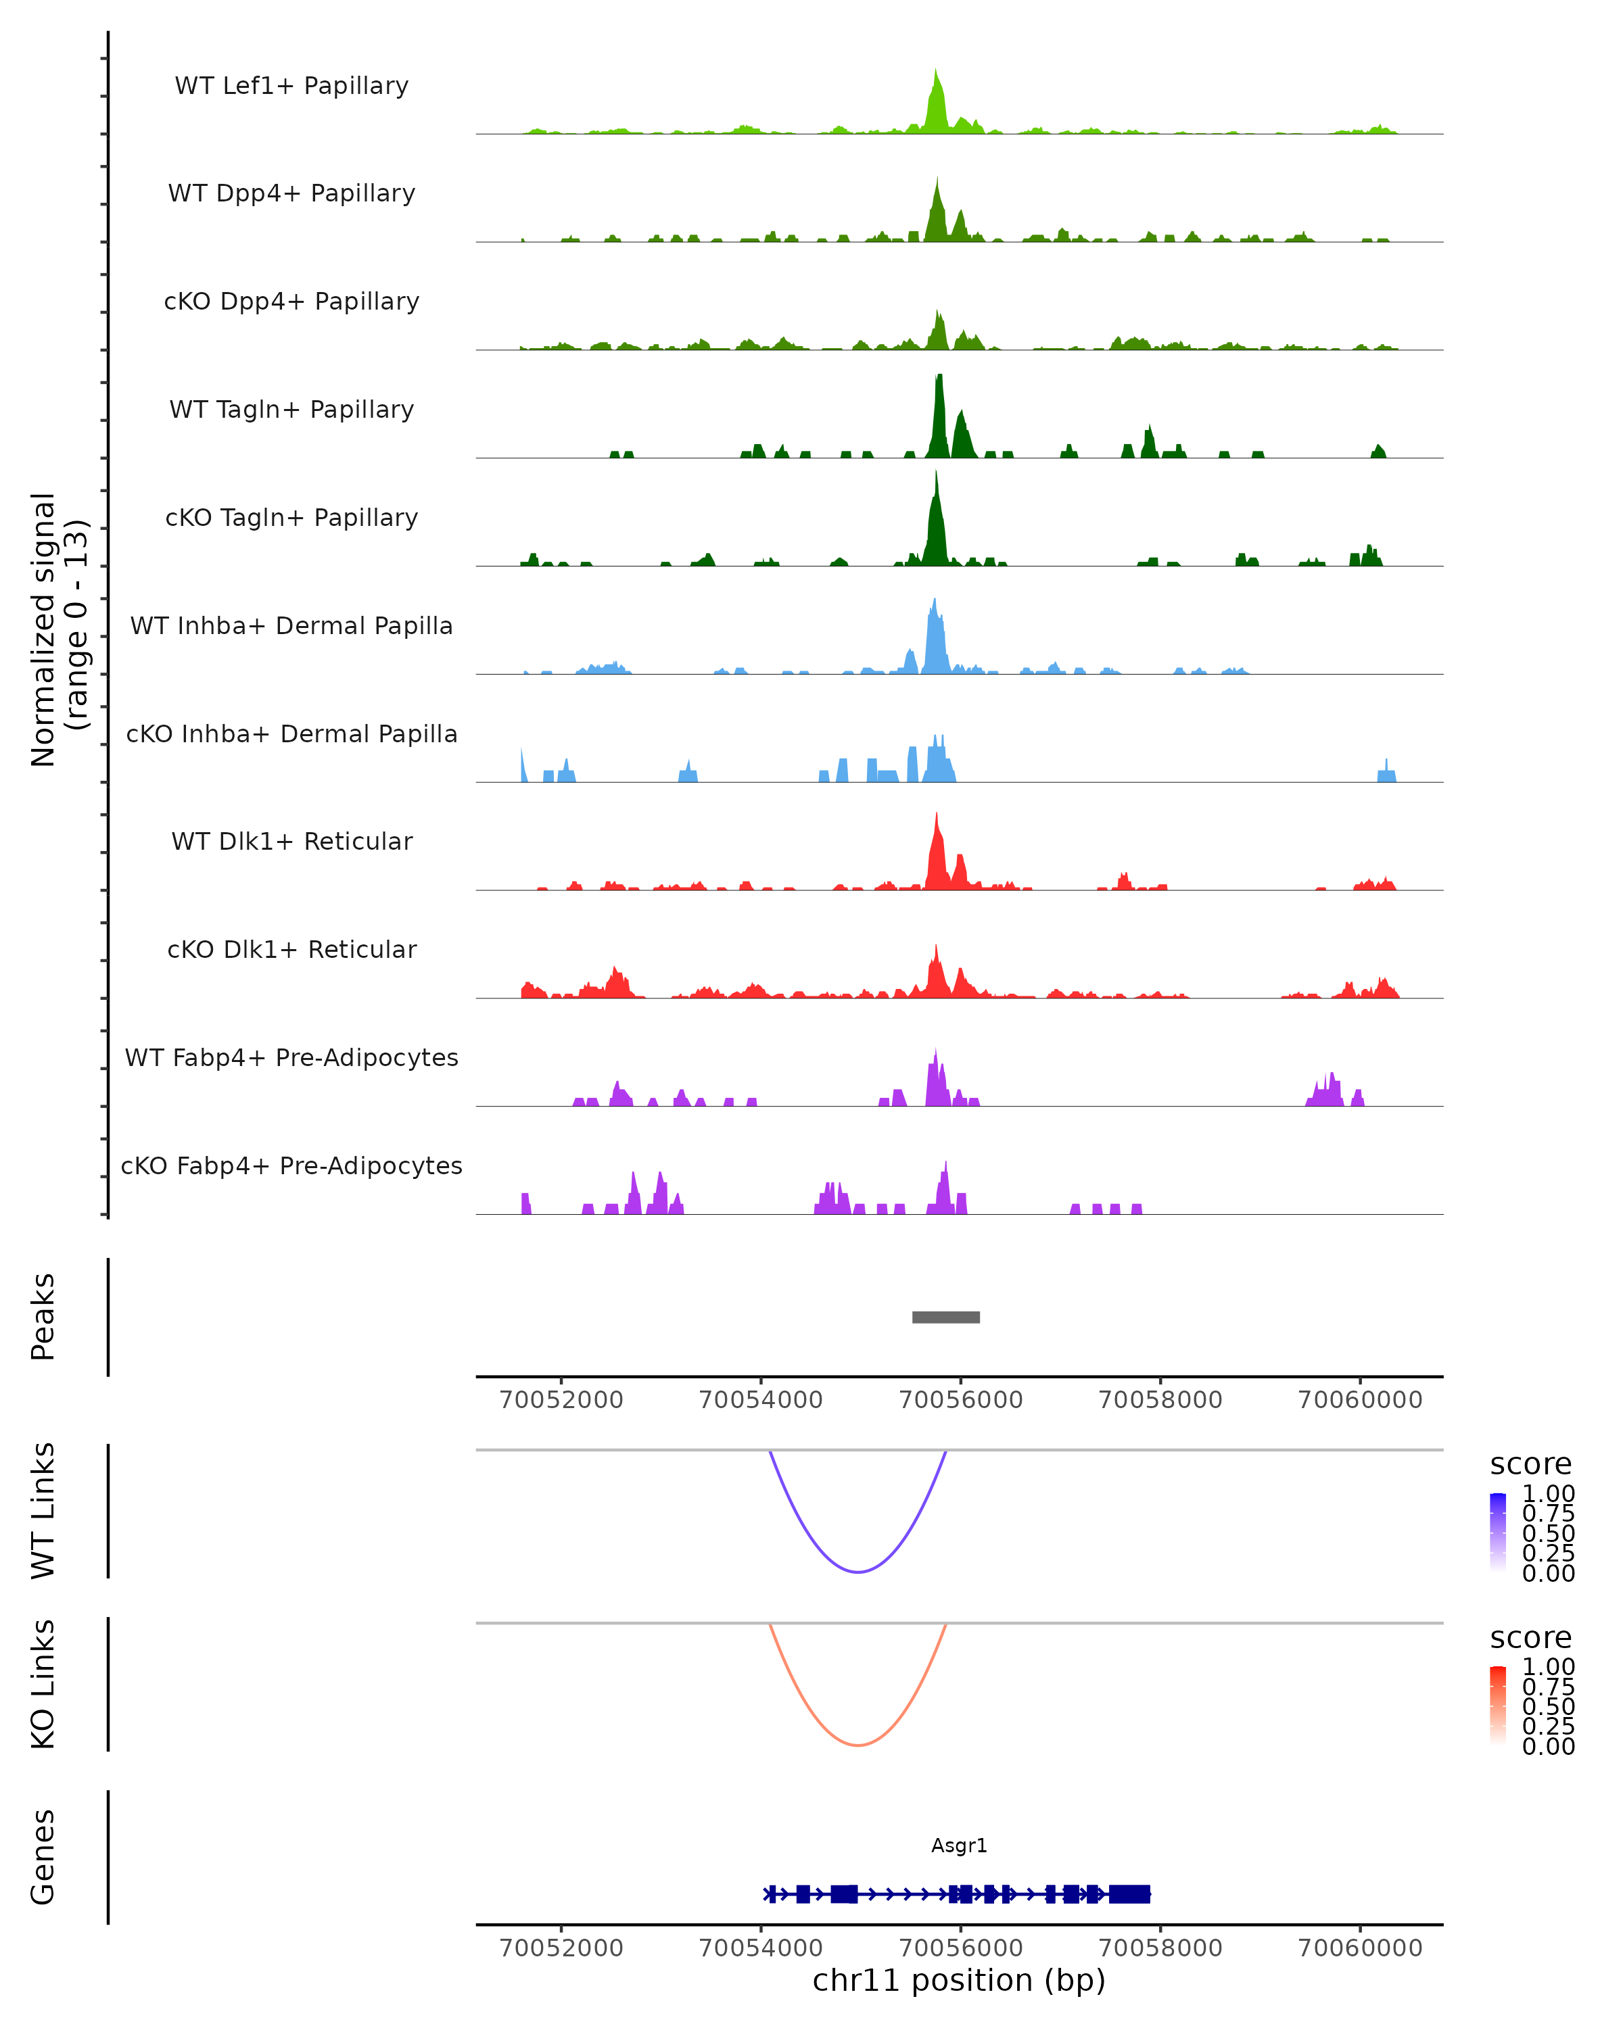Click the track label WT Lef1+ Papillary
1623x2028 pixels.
(291, 86)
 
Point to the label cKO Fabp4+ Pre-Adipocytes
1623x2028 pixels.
(291, 1165)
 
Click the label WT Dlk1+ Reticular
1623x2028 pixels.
(291, 841)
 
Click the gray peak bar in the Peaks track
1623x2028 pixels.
(945, 1317)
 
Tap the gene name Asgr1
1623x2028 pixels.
(959, 1845)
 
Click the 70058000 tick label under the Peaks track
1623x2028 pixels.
(1160, 1400)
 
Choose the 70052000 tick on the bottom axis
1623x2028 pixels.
(562, 1948)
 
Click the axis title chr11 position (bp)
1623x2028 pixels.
(959, 1981)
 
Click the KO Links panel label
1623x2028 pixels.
(43, 1684)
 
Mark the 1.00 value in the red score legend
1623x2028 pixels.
(1549, 1667)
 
